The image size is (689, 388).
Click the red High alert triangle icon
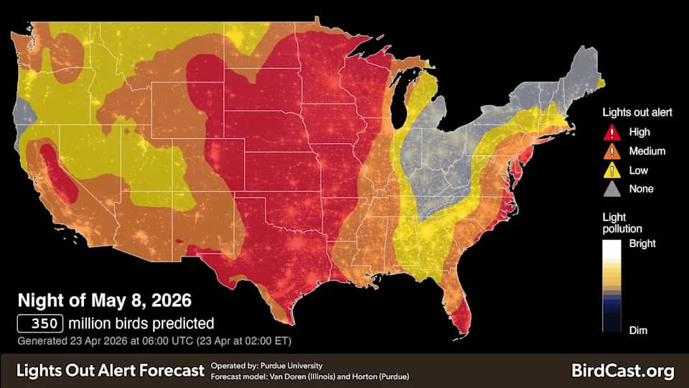[x=612, y=132]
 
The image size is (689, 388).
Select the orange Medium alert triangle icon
[x=612, y=151]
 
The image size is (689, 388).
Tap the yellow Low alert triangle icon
[x=612, y=170]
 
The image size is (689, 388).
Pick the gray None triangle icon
[x=612, y=189]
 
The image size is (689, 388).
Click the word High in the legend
[x=639, y=132]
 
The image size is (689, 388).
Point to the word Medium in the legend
[x=647, y=151]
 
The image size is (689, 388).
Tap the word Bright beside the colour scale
[x=642, y=244]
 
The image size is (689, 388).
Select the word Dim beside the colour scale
[x=638, y=330]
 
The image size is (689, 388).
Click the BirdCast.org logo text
[x=623, y=371]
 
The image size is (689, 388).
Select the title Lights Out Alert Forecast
[x=111, y=371]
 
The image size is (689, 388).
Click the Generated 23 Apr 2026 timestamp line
[x=154, y=340]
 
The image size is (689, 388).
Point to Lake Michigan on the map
[x=402, y=101]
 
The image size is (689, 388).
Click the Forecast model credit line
[x=310, y=377]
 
